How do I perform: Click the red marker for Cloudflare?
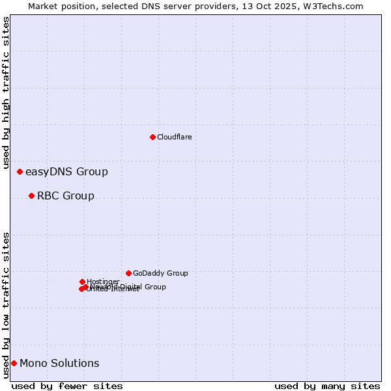[152, 137]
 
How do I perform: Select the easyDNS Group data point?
[20, 171]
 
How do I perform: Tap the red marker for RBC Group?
[31, 195]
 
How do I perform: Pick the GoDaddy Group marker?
[128, 273]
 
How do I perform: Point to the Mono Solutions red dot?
[14, 363]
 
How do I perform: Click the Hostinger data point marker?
[82, 282]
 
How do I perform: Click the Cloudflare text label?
[174, 137]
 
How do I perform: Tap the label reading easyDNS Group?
[66, 172]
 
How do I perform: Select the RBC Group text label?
[65, 196]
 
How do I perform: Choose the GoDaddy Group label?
[160, 274]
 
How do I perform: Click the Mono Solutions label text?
[59, 364]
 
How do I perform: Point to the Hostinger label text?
[103, 282]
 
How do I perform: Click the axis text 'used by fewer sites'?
[67, 386]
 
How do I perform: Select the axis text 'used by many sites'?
[327, 386]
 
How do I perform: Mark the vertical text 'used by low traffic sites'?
[7, 305]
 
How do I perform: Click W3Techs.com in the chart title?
[336, 6]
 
